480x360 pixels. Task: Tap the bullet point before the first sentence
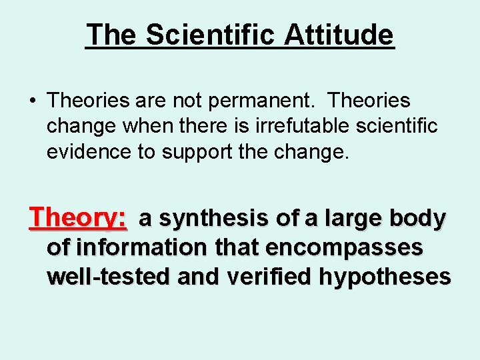coord(32,101)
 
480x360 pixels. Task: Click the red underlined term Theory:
coord(78,217)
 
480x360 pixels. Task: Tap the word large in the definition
coord(343,219)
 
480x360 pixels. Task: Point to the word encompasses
coord(344,248)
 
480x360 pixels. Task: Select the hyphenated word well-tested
coord(106,276)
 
